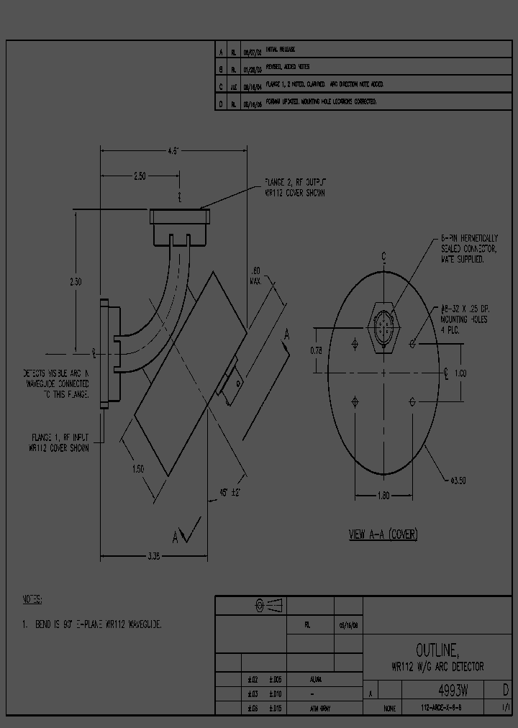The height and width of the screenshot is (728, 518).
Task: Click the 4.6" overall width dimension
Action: coord(173,151)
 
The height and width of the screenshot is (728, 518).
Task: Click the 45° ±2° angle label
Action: coord(229,493)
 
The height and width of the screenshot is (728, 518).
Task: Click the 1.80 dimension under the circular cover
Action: coord(383,495)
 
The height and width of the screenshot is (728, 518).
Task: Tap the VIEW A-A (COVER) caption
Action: coord(383,534)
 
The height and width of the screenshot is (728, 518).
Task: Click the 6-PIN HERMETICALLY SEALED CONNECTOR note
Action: coord(469,248)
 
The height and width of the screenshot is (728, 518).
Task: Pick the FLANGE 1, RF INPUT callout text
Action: coord(60,442)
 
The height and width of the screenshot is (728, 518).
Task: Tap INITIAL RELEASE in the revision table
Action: coord(281,50)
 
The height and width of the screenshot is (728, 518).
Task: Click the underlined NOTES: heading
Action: coord(32,599)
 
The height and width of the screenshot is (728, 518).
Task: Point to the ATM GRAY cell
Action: coord(320,709)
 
